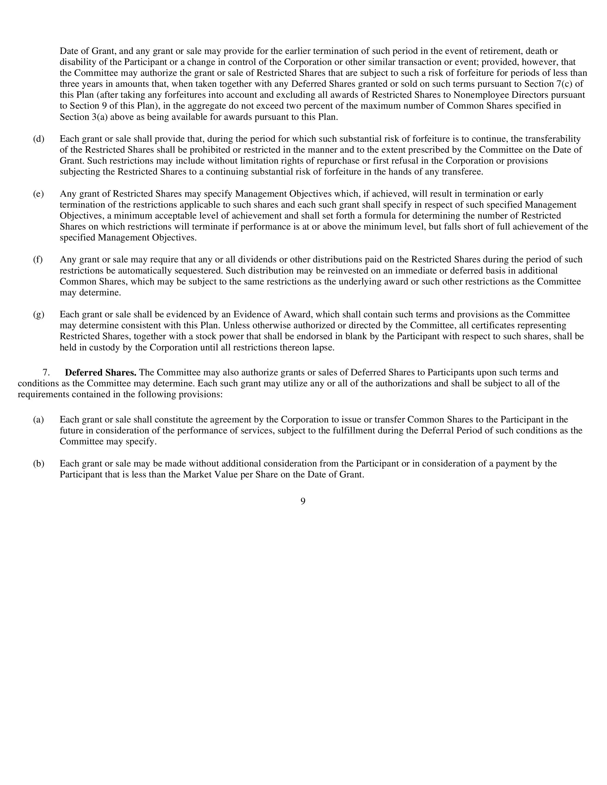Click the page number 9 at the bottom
(303, 501)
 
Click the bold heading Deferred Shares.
(100, 372)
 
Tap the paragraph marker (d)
(39, 139)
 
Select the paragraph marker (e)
(38, 194)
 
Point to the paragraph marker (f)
(38, 259)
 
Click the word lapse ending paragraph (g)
(323, 347)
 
